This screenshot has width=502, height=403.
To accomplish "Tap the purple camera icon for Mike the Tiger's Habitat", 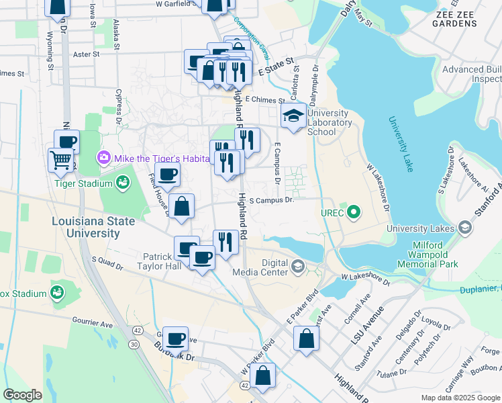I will click(x=104, y=159).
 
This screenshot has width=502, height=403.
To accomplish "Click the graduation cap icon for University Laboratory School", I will click(x=293, y=117).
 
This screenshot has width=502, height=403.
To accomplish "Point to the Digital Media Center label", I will click(x=260, y=267).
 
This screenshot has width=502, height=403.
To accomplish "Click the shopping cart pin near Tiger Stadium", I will click(x=61, y=160).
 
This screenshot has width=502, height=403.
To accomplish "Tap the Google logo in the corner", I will click(x=23, y=394).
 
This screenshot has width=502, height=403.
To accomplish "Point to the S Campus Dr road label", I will click(x=272, y=200).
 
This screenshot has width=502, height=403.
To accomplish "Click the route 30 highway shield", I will click(x=135, y=344).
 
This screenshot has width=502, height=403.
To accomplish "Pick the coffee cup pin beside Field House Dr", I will click(x=168, y=174).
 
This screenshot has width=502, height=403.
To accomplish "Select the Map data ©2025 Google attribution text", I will click(x=460, y=398).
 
